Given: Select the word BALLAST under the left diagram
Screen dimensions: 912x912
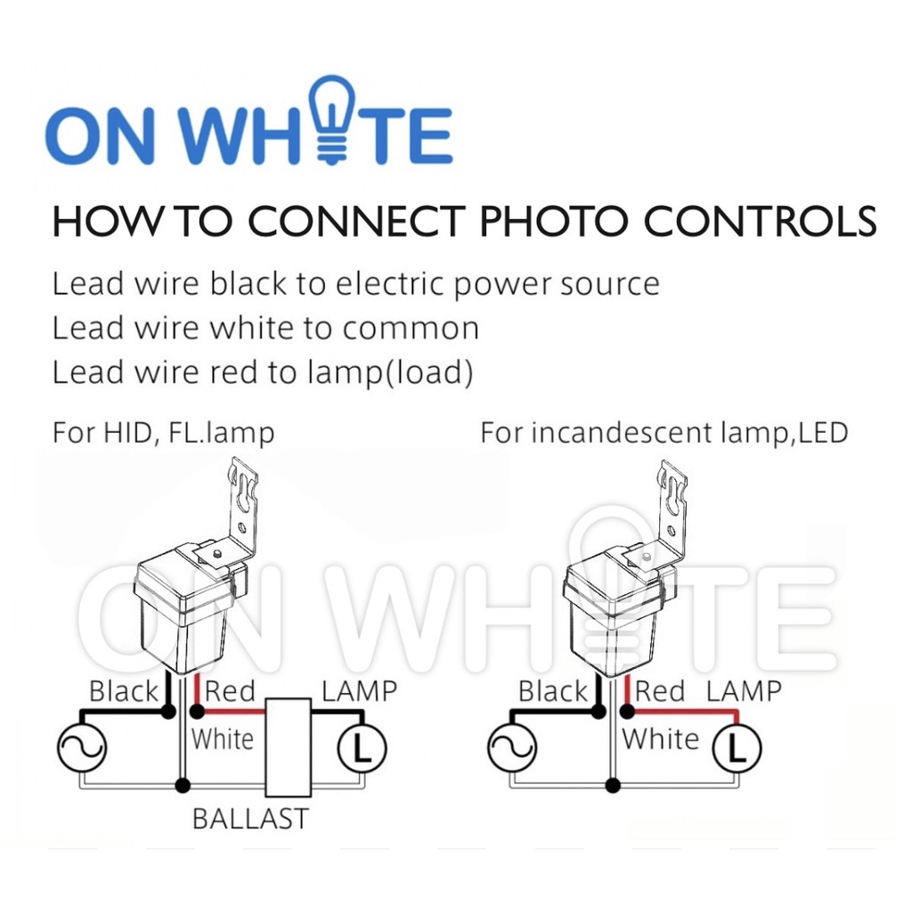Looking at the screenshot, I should (250, 818).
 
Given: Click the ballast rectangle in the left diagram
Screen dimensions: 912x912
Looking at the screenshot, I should (289, 746).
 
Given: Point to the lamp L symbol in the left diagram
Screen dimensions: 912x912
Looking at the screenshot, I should (361, 748).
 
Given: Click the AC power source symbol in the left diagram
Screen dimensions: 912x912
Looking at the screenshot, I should (81, 748).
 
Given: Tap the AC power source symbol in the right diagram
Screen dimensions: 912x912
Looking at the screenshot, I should (512, 748).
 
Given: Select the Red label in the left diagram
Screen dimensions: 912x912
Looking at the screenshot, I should (230, 691).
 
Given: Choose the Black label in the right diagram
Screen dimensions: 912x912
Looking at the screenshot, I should (553, 691).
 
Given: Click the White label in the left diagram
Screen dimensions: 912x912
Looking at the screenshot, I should (222, 738).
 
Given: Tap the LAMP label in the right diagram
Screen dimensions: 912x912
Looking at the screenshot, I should (744, 691).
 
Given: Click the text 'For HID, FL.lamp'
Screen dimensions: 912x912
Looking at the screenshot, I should (163, 434).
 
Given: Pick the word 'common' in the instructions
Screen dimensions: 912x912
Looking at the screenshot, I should (411, 329).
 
